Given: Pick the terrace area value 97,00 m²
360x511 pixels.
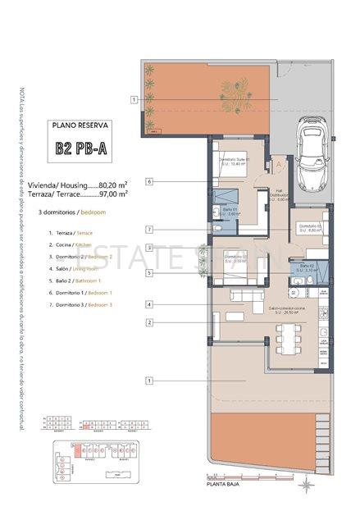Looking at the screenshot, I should coord(112,194).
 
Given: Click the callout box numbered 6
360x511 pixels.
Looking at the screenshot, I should coord(150,180).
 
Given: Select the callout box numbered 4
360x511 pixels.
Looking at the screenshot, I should coord(150,305).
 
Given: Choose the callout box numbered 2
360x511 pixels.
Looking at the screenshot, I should coord(150,322).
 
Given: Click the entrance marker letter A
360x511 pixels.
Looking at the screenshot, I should coord(278,163).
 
